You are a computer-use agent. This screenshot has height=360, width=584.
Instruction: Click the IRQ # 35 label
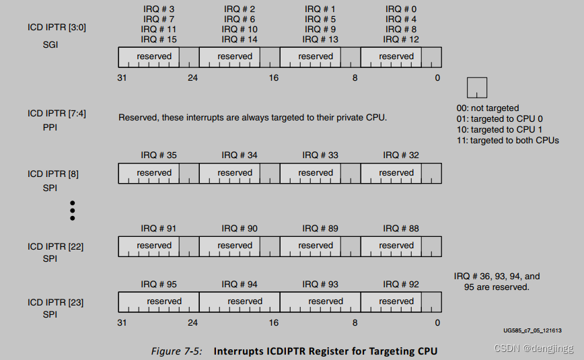[159, 155]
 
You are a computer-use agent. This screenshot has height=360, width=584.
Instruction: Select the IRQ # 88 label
[401, 229]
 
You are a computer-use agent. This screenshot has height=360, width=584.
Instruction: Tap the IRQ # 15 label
[159, 40]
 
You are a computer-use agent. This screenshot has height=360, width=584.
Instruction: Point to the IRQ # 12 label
[401, 40]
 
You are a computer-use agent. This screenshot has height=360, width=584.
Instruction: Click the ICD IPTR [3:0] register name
[57, 28]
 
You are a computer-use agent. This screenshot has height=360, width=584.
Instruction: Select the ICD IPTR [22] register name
[55, 246]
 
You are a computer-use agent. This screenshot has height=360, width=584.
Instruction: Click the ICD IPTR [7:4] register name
[57, 113]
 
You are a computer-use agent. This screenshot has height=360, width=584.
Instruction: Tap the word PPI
[50, 127]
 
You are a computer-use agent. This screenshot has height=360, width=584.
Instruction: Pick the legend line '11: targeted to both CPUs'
[507, 140]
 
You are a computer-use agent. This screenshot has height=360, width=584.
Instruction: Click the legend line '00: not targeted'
[487, 108]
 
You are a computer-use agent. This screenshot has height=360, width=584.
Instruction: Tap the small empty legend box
[476, 87]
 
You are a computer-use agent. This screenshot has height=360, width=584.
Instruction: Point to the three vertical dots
[73, 210]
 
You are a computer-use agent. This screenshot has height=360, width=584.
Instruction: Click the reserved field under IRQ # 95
[164, 301]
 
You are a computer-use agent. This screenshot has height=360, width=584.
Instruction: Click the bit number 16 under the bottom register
[274, 322]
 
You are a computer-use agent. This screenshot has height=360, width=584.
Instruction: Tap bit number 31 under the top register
[122, 77]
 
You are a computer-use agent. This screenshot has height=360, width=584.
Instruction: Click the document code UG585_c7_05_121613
[532, 331]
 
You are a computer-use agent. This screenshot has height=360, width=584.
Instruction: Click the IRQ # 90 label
[240, 229]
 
